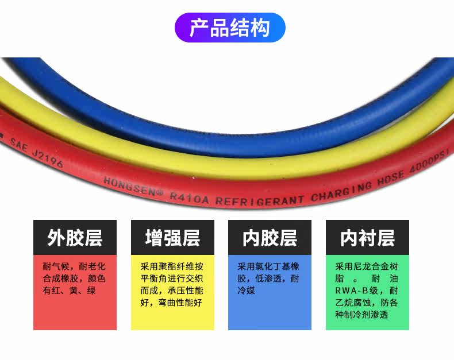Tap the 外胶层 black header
tap(75, 238)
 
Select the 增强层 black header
tap(172, 238)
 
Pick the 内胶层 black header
tap(270, 238)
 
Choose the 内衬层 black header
tap(367, 238)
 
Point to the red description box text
tap(75, 278)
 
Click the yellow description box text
tap(172, 284)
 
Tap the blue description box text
tap(270, 278)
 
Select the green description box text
tap(367, 291)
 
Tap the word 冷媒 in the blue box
tap(246, 291)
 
